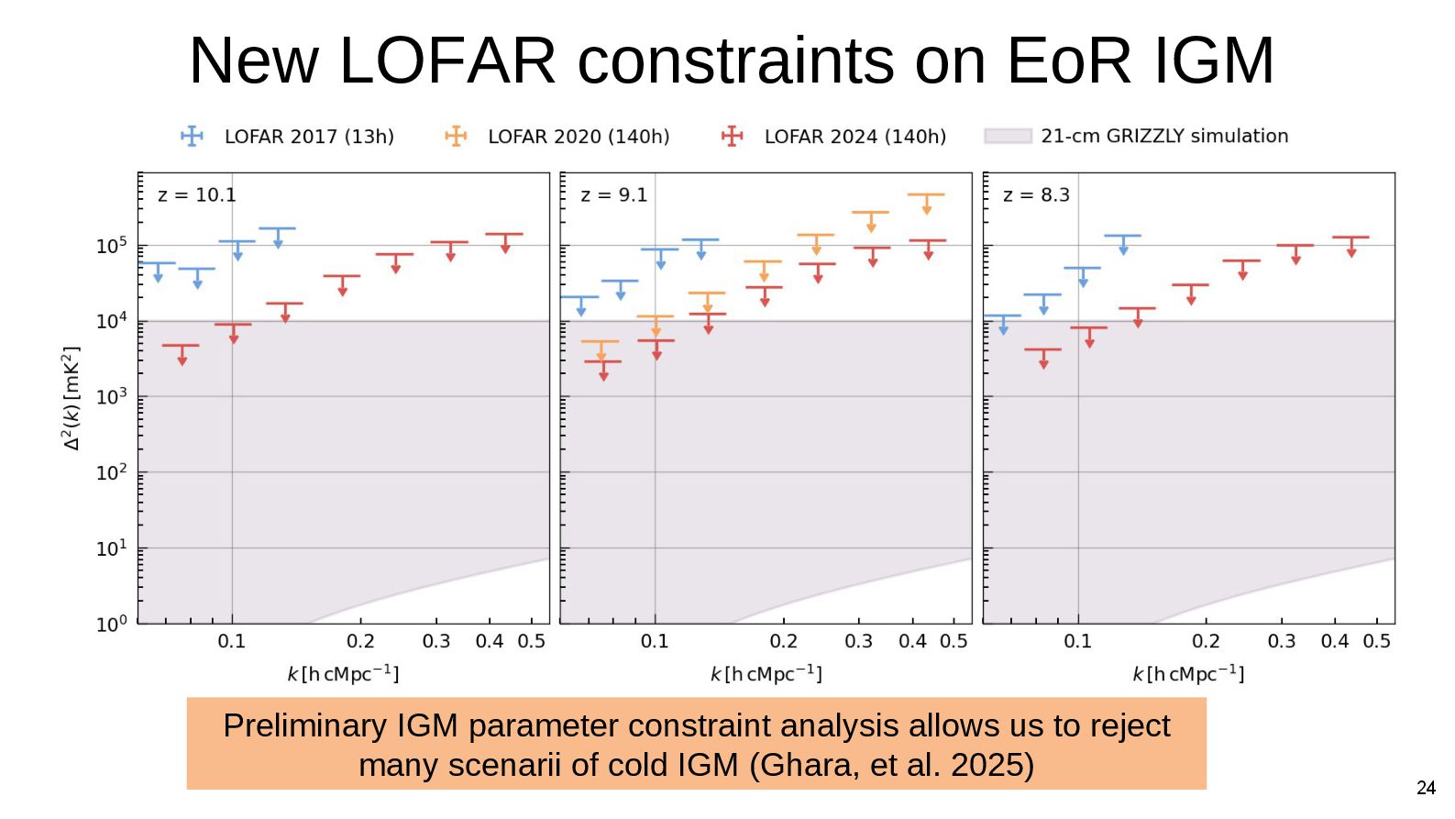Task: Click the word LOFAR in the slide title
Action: [x=447, y=61]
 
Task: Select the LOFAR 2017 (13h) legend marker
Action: [x=193, y=137]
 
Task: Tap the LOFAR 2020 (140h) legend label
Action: [x=579, y=137]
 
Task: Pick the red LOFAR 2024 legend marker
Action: [x=732, y=137]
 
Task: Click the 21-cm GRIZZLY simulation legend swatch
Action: [x=1008, y=137]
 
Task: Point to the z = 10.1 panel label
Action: [x=196, y=195]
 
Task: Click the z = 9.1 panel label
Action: [x=613, y=195]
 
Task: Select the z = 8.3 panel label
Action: [x=1036, y=195]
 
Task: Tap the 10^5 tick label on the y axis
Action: [x=112, y=246]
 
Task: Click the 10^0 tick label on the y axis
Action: [x=112, y=625]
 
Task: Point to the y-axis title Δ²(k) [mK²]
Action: [x=72, y=398]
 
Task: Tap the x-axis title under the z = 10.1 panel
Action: [x=343, y=674]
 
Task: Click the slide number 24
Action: [x=1426, y=788]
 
